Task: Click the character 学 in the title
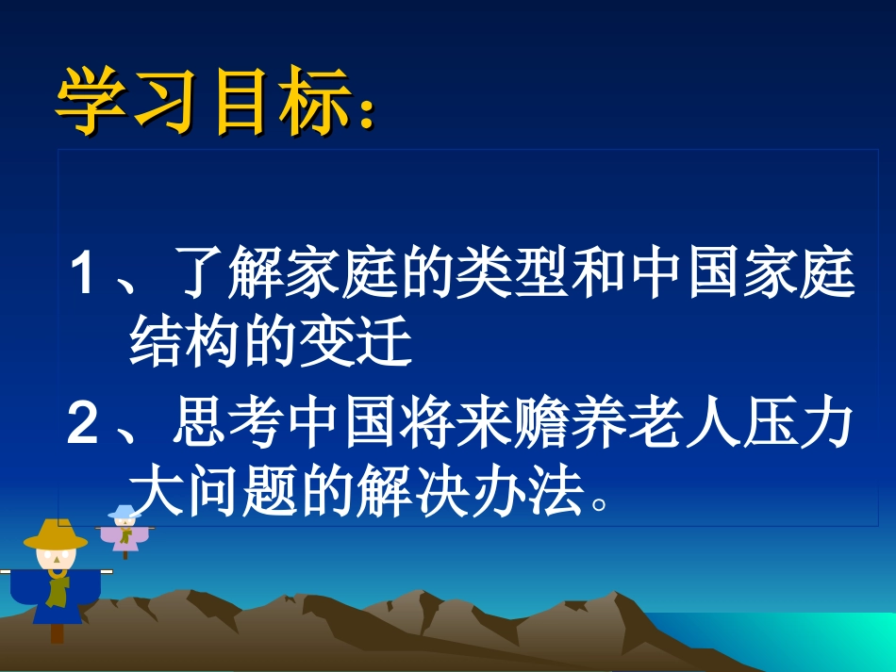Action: [x=91, y=101]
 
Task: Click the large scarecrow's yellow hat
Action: [x=56, y=536]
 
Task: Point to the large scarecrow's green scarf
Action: [x=58, y=589]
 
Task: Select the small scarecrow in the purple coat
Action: [x=124, y=532]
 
